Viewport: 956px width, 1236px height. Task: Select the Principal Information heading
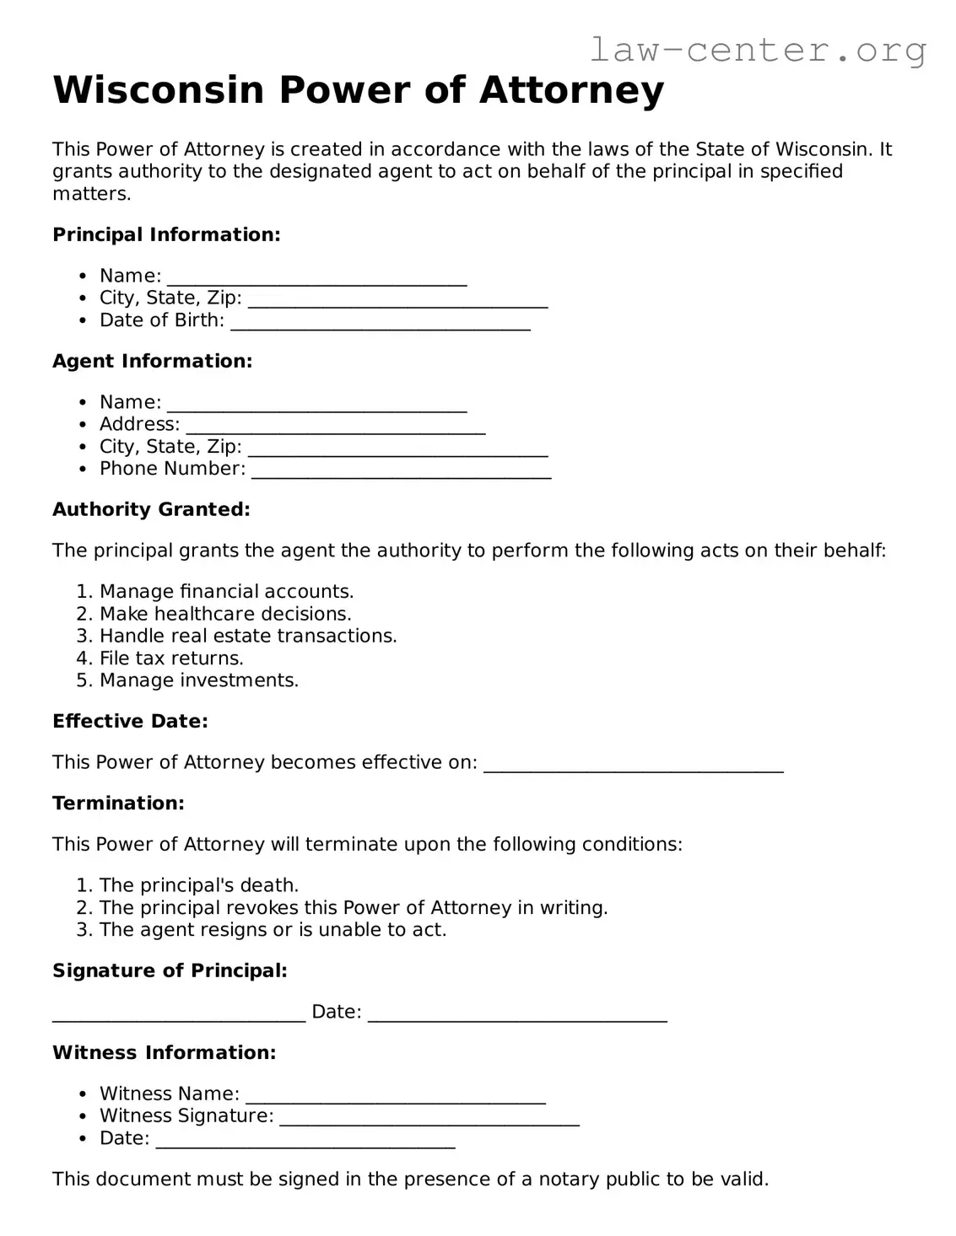(x=166, y=234)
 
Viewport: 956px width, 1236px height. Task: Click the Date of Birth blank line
(x=380, y=324)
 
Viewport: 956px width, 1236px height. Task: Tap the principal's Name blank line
(x=316, y=280)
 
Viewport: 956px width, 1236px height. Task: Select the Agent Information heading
(x=153, y=361)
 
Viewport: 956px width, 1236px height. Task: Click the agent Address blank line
(x=335, y=428)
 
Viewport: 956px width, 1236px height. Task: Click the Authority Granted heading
(x=151, y=509)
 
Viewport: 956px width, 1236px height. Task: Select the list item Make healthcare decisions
(x=225, y=614)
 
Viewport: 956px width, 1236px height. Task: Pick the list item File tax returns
(x=171, y=658)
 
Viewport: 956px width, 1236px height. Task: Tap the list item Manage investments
(x=199, y=680)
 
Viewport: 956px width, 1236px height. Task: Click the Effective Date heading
(x=130, y=721)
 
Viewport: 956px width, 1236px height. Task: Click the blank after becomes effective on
(x=633, y=766)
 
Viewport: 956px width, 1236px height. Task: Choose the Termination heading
(x=118, y=803)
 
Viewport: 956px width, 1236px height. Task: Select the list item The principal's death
(x=199, y=885)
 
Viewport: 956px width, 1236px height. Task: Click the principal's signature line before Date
(x=179, y=1016)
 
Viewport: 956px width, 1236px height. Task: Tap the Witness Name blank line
(x=395, y=1098)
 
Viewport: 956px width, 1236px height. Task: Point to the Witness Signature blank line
(x=429, y=1120)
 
